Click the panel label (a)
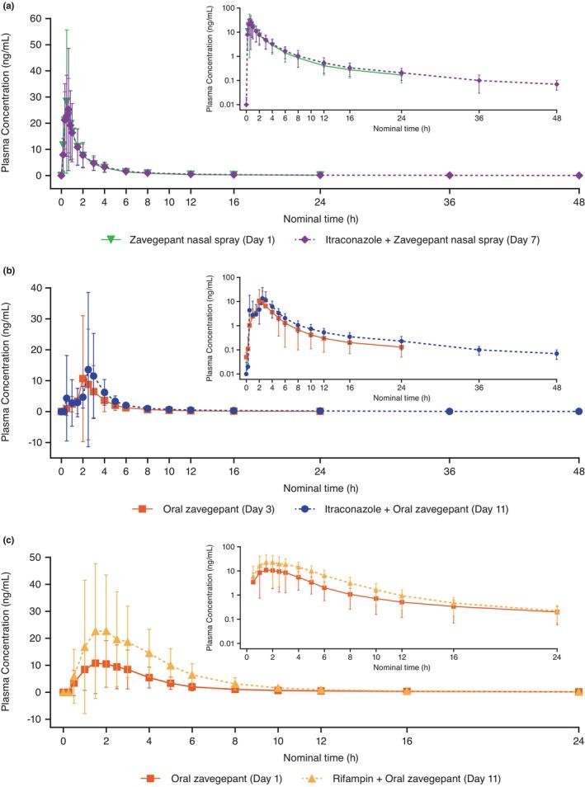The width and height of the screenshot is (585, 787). pyautogui.click(x=8, y=6)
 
